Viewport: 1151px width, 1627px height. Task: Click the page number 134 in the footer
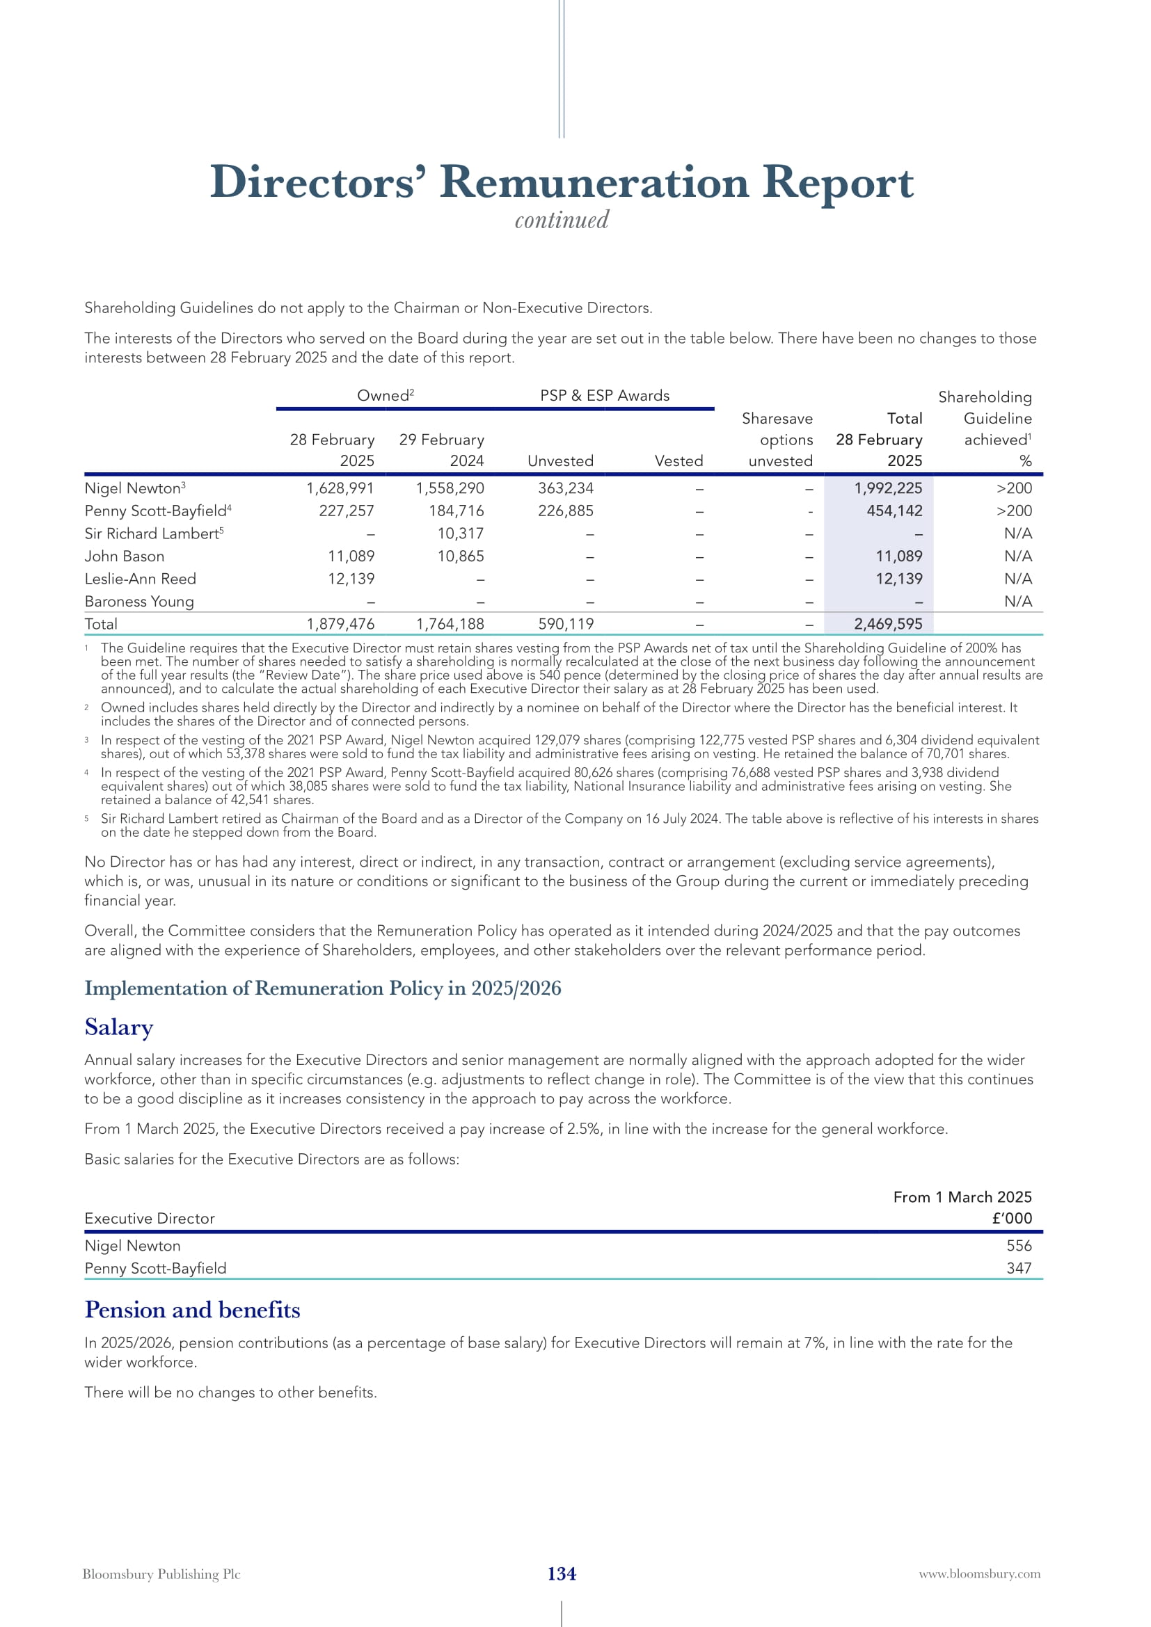pyautogui.click(x=562, y=1573)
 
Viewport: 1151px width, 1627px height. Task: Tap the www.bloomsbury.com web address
pyautogui.click(x=980, y=1574)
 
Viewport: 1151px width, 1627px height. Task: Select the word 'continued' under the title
pyautogui.click(x=562, y=221)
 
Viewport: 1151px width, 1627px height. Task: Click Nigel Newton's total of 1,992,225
pyautogui.click(x=888, y=488)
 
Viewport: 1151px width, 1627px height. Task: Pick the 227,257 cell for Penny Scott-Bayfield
pyautogui.click(x=347, y=511)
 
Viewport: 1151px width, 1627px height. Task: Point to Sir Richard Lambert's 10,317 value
pyautogui.click(x=461, y=534)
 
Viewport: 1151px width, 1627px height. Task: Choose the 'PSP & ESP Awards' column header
pyautogui.click(x=605, y=395)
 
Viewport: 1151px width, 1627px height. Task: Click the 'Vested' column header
pyautogui.click(x=678, y=460)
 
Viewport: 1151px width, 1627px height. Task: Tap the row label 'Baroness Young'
pyautogui.click(x=139, y=602)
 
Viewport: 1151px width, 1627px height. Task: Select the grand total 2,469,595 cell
pyautogui.click(x=888, y=624)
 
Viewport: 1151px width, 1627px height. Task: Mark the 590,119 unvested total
pyautogui.click(x=566, y=624)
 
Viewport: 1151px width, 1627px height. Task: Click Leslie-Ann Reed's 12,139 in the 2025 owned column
pyautogui.click(x=351, y=579)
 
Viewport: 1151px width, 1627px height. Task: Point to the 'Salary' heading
pyautogui.click(x=119, y=1027)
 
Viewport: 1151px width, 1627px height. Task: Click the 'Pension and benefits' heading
pyautogui.click(x=192, y=1311)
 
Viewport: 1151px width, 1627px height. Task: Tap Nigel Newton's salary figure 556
pyautogui.click(x=1019, y=1246)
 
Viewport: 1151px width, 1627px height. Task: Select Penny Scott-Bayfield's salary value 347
pyautogui.click(x=1019, y=1269)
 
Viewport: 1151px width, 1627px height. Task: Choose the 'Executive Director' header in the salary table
pyautogui.click(x=150, y=1218)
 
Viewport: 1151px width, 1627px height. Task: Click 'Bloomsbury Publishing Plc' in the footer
pyautogui.click(x=161, y=1574)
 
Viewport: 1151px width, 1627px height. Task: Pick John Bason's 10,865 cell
pyautogui.click(x=461, y=556)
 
